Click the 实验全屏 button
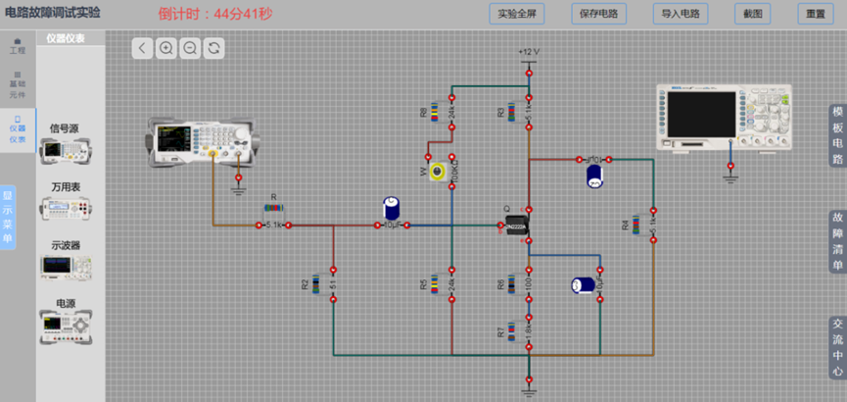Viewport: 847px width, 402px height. (517, 15)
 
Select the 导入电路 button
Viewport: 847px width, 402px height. (680, 15)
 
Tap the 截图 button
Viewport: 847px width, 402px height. (752, 15)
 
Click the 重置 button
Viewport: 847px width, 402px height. (815, 15)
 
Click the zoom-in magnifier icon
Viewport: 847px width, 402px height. (166, 48)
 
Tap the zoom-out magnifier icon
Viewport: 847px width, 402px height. (190, 48)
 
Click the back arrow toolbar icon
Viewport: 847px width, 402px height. (143, 48)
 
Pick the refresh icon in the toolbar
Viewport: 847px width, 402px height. (213, 48)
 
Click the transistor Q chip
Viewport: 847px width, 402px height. (517, 226)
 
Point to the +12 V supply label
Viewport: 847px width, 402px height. (529, 52)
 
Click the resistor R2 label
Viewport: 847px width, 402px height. (306, 284)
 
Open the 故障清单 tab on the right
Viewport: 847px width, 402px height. (837, 240)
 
